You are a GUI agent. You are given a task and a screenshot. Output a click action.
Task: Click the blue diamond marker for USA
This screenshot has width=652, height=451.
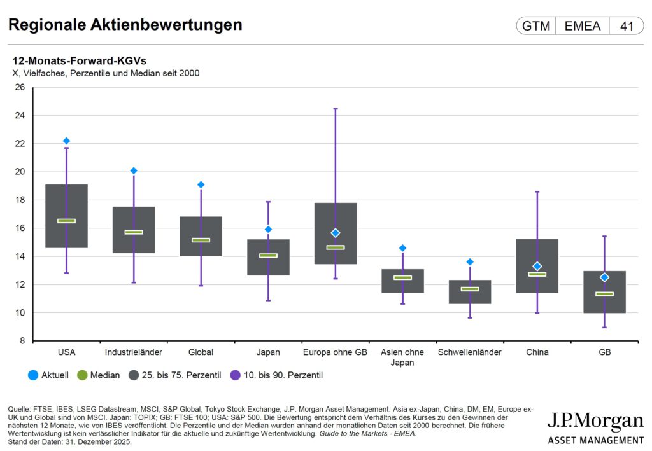coord(66,141)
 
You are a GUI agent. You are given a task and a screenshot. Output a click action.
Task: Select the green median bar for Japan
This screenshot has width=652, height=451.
coord(268,256)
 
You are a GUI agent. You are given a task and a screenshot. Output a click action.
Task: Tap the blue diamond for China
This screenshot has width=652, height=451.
coord(537,266)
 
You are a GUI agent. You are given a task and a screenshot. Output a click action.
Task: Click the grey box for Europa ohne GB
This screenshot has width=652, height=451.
coord(336,219)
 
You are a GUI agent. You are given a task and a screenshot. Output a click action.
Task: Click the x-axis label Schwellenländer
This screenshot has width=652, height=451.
coord(470,352)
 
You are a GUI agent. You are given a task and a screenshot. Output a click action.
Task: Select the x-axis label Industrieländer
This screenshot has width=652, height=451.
coord(134,352)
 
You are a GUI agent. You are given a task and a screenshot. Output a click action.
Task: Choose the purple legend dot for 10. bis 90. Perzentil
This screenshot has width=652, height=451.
coord(234,375)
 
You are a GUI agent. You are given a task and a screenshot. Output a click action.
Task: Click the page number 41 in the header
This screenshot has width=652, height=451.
coord(627,26)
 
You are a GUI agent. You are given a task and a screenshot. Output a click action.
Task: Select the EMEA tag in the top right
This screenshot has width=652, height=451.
coord(582,26)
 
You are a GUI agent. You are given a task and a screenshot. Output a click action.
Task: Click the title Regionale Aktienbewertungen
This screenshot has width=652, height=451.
coord(125,25)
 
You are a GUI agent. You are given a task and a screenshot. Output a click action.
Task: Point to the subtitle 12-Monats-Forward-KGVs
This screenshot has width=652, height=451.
coord(80,61)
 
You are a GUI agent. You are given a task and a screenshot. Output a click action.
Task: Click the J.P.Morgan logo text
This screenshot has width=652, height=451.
coord(595,422)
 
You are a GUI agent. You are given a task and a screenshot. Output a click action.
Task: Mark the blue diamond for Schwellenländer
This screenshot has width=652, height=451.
coord(470,261)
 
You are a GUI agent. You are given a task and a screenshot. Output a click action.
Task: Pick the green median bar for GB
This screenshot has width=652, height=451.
coord(604,294)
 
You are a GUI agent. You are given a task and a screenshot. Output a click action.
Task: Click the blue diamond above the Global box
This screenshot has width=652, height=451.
coord(201,184)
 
